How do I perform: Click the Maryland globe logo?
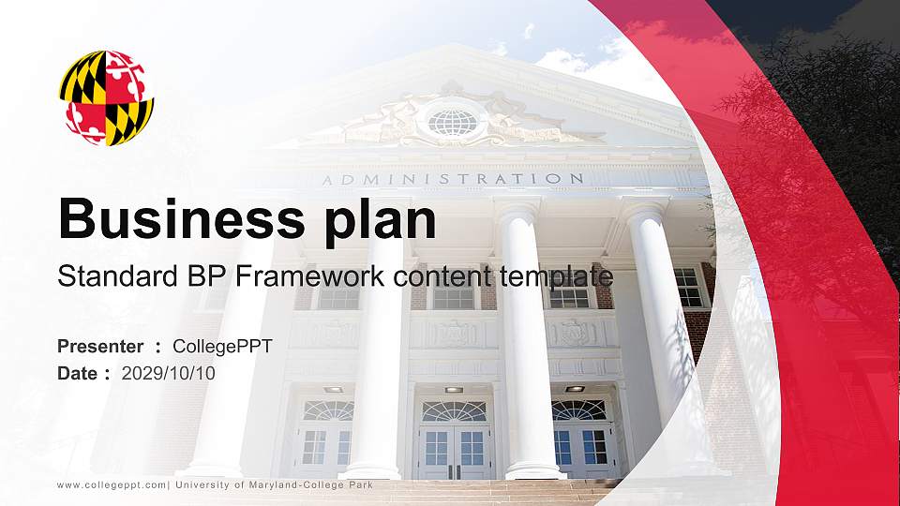[106, 97]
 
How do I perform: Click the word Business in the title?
[182, 218]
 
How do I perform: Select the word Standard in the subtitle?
[118, 276]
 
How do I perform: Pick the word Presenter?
[100, 347]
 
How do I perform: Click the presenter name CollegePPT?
[222, 347]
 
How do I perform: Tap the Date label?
[78, 374]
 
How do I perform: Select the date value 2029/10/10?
[168, 374]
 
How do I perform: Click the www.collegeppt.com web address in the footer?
[112, 485]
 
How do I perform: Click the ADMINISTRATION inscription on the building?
[453, 179]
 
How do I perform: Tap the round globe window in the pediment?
[453, 122]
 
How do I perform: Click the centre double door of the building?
[454, 452]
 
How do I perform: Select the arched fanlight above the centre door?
[454, 411]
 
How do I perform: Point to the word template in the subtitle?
[556, 277]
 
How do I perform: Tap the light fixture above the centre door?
[454, 390]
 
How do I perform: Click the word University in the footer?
[201, 485]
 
